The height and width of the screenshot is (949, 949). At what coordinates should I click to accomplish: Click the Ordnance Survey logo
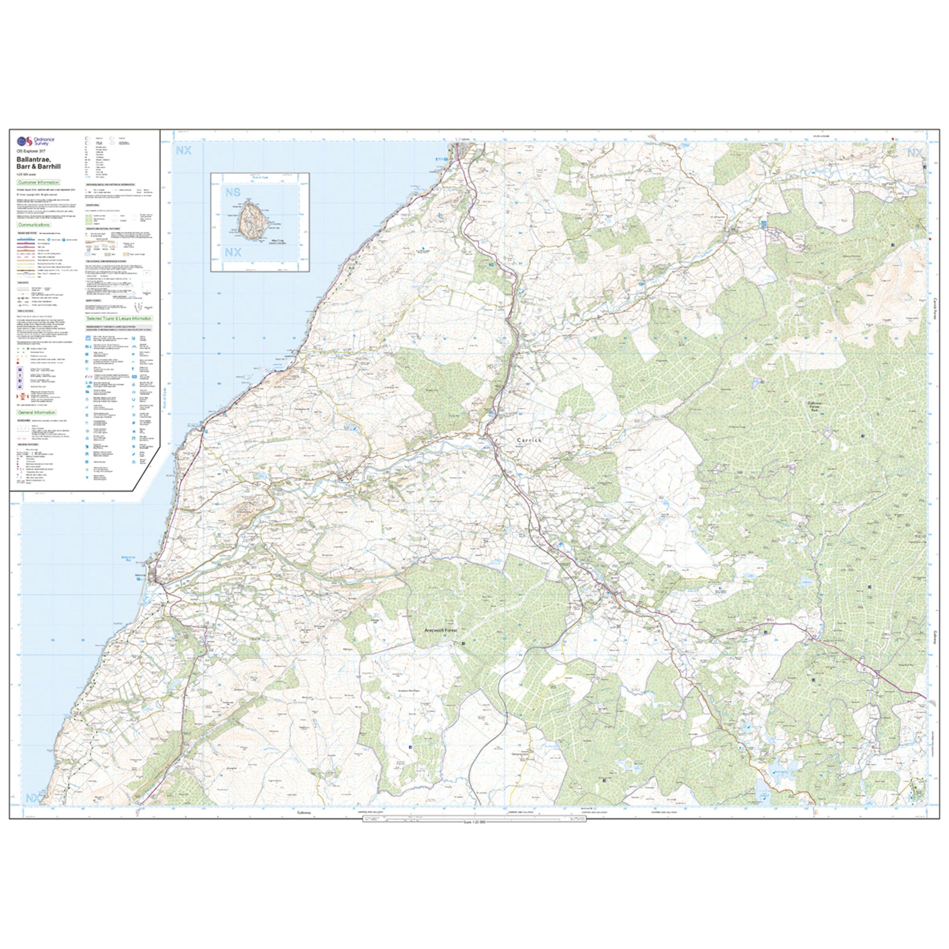pos(35,142)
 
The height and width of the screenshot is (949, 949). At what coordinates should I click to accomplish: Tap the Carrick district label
pos(529,440)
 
